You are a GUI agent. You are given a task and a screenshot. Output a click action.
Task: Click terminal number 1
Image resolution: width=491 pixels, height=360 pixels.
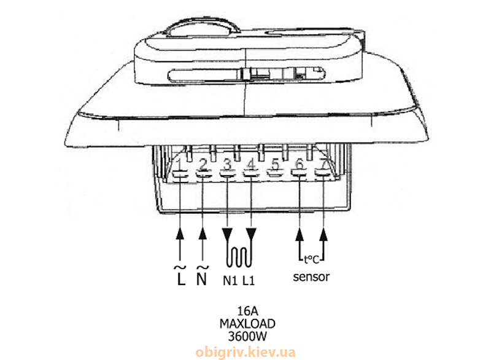click(x=180, y=165)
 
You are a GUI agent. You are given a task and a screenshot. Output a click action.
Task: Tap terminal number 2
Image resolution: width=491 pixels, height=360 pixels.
click(x=204, y=165)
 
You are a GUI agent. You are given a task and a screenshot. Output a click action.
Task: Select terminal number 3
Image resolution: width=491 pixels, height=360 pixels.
click(x=228, y=165)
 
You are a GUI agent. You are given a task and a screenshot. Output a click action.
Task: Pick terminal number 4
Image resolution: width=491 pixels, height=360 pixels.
click(x=251, y=165)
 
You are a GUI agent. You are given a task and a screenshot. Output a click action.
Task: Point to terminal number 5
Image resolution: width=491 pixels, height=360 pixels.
click(x=275, y=165)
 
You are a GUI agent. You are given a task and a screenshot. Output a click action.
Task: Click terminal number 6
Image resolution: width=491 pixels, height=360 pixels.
click(x=300, y=165)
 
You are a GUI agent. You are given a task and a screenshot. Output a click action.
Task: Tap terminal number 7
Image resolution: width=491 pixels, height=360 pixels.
click(x=325, y=165)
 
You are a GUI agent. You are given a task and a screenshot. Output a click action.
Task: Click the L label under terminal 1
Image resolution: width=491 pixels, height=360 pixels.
click(x=180, y=276)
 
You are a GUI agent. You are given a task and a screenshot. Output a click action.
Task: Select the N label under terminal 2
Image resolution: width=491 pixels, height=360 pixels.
click(x=203, y=276)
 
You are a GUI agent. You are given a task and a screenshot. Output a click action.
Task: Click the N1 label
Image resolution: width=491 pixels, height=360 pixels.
click(x=230, y=281)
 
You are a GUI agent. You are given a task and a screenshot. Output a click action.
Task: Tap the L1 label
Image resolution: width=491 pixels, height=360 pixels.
click(x=249, y=281)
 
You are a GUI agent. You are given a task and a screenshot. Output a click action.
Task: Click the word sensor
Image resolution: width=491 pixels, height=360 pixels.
click(x=311, y=277)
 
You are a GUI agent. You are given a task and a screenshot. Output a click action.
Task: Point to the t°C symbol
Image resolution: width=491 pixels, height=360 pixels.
click(x=312, y=260)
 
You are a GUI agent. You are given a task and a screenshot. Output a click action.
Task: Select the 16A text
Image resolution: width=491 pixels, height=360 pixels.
click(x=247, y=311)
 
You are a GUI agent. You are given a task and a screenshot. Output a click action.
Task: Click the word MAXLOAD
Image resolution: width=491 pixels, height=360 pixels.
click(x=247, y=324)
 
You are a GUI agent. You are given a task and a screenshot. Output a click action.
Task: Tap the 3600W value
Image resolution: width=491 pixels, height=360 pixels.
click(x=247, y=337)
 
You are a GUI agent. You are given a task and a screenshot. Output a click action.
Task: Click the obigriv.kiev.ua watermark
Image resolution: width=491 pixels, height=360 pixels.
click(x=245, y=352)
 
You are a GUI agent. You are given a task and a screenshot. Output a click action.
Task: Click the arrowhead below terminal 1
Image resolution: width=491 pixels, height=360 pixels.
click(x=180, y=233)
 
